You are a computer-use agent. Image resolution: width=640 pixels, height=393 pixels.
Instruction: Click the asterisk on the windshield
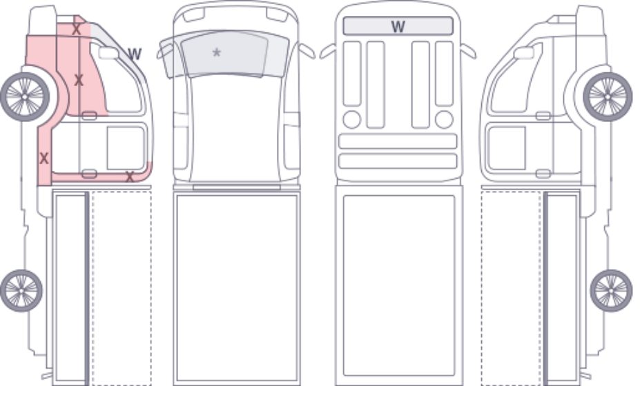tap(217, 52)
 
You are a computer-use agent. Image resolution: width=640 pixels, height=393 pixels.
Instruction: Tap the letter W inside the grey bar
tap(398, 26)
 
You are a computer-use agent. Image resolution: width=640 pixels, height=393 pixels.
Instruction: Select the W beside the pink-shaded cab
tap(135, 54)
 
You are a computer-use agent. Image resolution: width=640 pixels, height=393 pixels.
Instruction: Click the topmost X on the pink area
tap(76, 29)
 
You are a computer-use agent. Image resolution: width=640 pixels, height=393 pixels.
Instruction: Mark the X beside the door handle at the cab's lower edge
tap(130, 177)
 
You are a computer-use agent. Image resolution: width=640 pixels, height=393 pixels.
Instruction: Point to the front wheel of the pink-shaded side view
tap(25, 97)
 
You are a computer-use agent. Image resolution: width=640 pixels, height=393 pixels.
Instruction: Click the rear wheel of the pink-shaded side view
tap(21, 290)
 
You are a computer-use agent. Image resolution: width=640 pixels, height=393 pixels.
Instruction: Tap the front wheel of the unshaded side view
tap(608, 97)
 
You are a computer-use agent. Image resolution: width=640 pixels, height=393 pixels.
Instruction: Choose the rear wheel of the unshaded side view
tap(611, 291)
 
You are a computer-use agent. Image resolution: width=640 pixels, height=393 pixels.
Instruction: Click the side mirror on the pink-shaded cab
tap(108, 53)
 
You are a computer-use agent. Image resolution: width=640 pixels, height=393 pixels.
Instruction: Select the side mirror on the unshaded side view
tap(524, 53)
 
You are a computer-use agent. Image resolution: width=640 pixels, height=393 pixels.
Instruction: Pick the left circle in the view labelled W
tap(352, 119)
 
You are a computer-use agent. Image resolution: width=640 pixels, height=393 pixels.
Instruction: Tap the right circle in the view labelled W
tap(444, 119)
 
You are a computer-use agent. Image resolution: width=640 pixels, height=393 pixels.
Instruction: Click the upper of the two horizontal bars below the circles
tap(398, 141)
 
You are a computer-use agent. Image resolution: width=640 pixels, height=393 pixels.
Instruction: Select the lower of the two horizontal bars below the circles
tap(398, 161)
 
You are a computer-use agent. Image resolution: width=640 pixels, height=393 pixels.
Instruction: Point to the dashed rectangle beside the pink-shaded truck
tap(122, 288)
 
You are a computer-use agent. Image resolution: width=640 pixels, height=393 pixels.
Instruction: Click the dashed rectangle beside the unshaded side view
tap(512, 288)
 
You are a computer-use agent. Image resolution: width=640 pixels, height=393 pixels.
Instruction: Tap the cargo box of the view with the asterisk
tap(237, 289)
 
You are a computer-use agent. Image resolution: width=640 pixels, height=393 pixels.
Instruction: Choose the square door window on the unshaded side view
tap(507, 148)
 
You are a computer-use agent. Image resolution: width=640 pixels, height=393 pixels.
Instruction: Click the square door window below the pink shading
tap(126, 148)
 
